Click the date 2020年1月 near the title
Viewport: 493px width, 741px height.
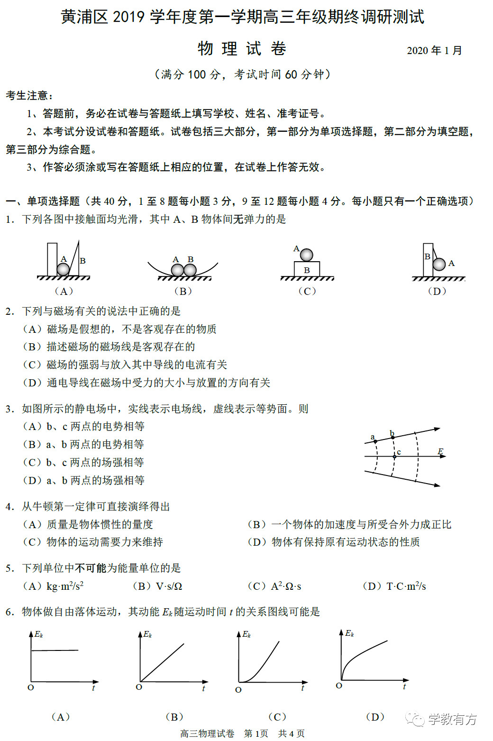[434, 51]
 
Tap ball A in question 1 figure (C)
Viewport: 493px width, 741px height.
[307, 255]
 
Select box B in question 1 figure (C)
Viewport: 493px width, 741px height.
[307, 269]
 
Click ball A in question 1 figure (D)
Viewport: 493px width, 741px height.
[439, 264]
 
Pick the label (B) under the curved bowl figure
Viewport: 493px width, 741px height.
[183, 291]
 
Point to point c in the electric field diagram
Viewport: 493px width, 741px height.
[394, 457]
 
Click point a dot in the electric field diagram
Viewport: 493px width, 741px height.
[375, 441]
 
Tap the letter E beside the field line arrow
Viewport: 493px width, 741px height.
[440, 451]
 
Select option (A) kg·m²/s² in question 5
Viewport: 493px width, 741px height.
[54, 586]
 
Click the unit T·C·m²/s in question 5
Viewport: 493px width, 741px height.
[406, 586]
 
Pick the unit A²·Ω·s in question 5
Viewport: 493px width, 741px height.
[286, 586]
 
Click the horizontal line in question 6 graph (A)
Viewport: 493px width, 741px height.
[55, 650]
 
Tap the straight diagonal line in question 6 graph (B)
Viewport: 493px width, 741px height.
[163, 662]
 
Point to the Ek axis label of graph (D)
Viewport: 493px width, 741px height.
[350, 633]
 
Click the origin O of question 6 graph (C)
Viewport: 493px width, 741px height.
[238, 689]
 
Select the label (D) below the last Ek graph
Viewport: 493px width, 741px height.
[375, 717]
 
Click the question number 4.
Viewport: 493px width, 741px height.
[9, 507]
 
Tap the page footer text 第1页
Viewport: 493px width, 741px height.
[256, 733]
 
